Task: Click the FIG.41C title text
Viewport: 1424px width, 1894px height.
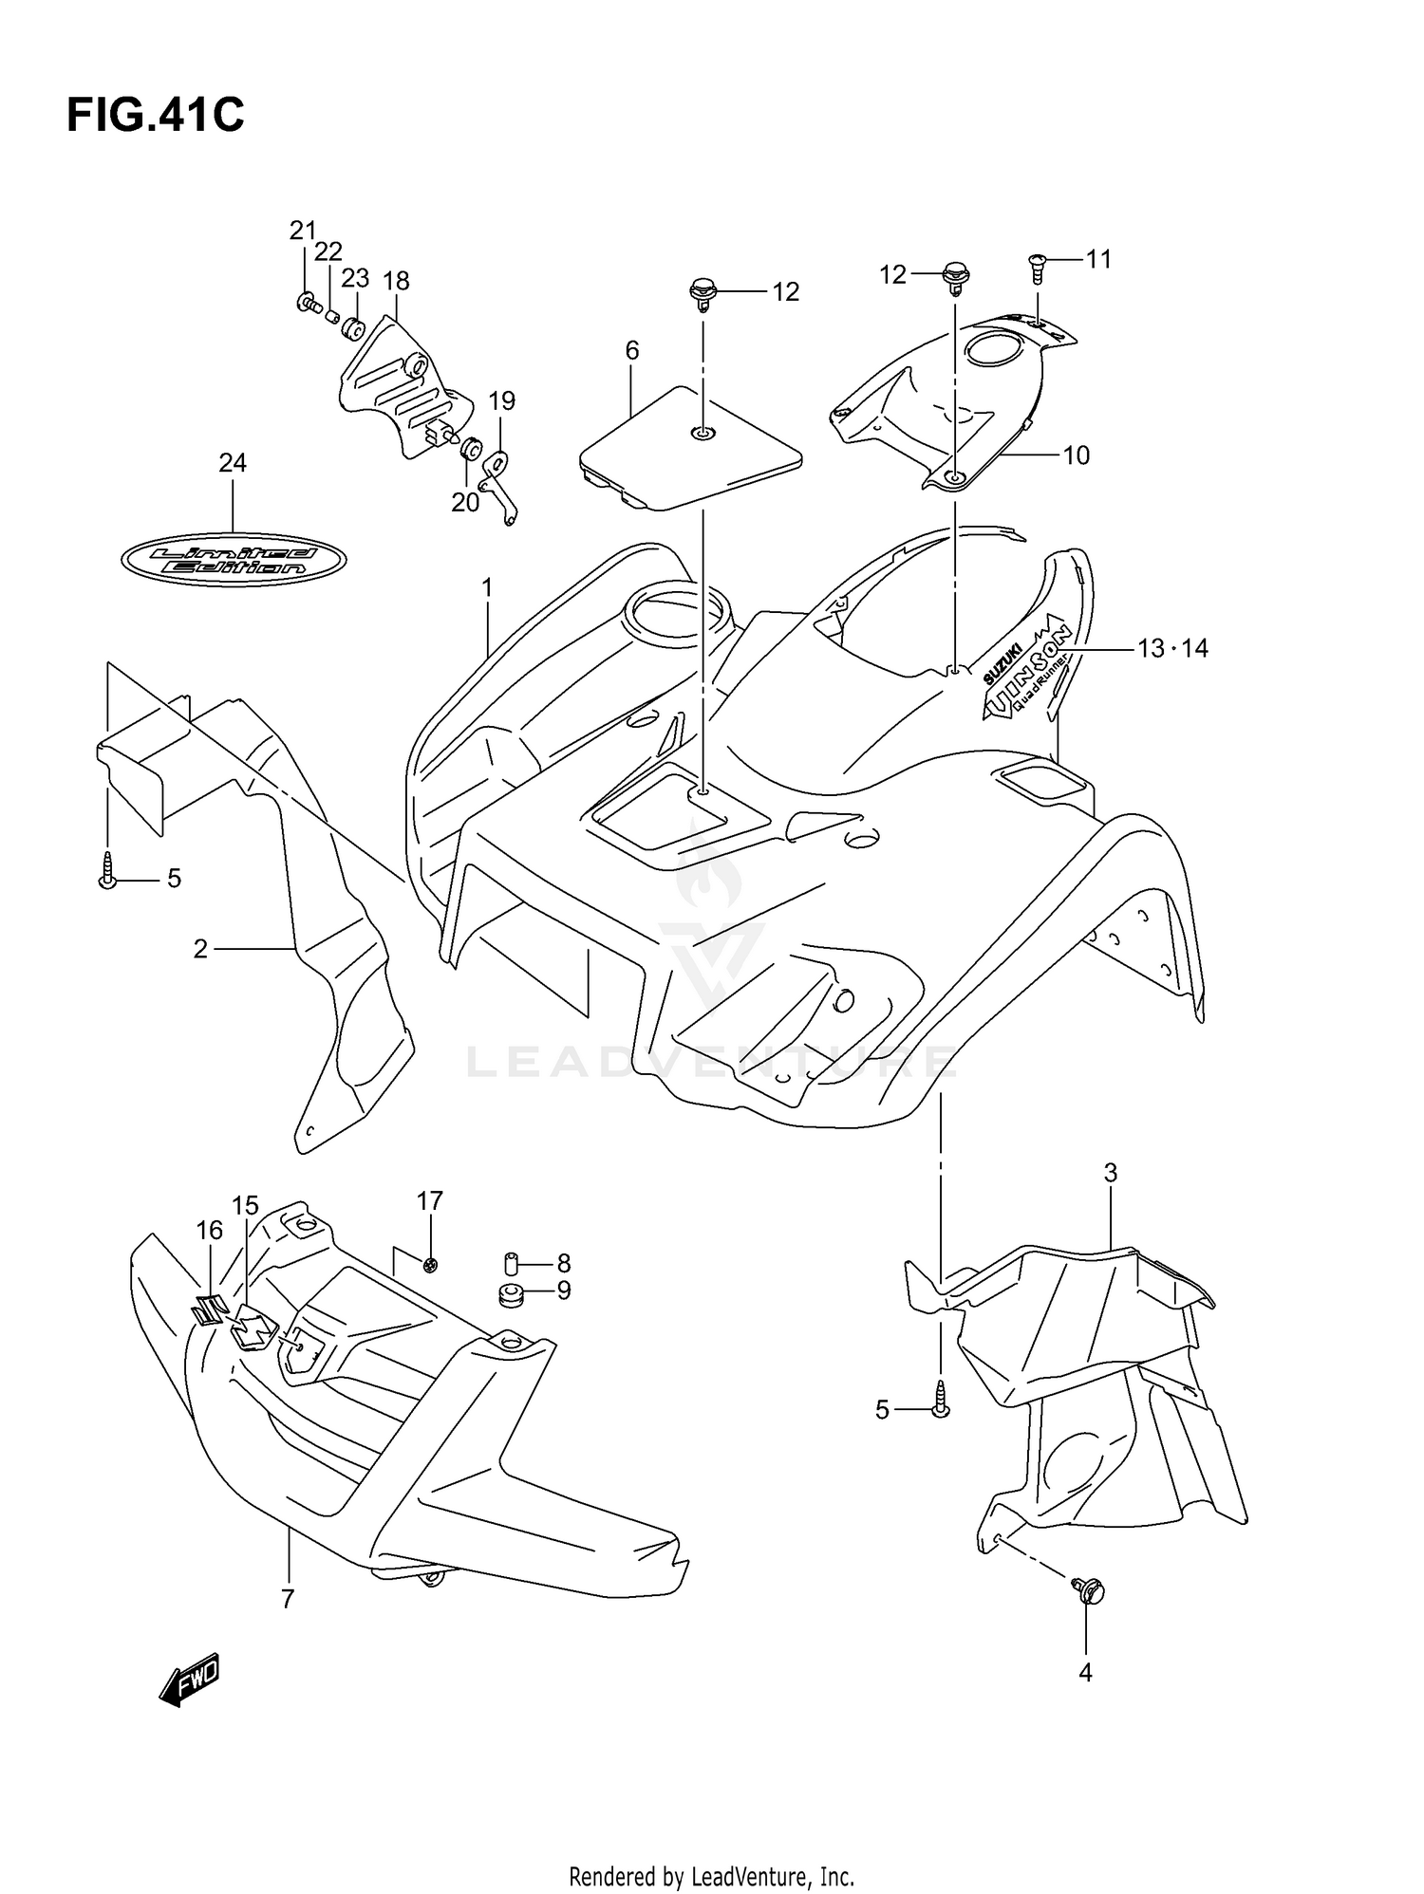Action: [x=155, y=116]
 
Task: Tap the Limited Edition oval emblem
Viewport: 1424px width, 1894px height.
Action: [x=234, y=560]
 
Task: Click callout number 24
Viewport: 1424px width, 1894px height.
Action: [x=233, y=463]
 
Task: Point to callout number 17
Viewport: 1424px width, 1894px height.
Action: [x=430, y=1201]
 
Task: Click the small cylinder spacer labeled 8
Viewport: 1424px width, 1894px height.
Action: [x=511, y=1264]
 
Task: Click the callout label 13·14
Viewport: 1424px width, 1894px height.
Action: [x=1172, y=649]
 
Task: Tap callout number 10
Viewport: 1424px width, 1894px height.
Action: [x=1076, y=455]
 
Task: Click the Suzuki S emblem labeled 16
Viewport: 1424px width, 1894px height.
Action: [x=208, y=1309]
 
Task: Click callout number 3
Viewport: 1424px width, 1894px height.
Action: [x=1110, y=1174]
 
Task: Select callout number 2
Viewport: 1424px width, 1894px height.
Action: [x=200, y=949]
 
